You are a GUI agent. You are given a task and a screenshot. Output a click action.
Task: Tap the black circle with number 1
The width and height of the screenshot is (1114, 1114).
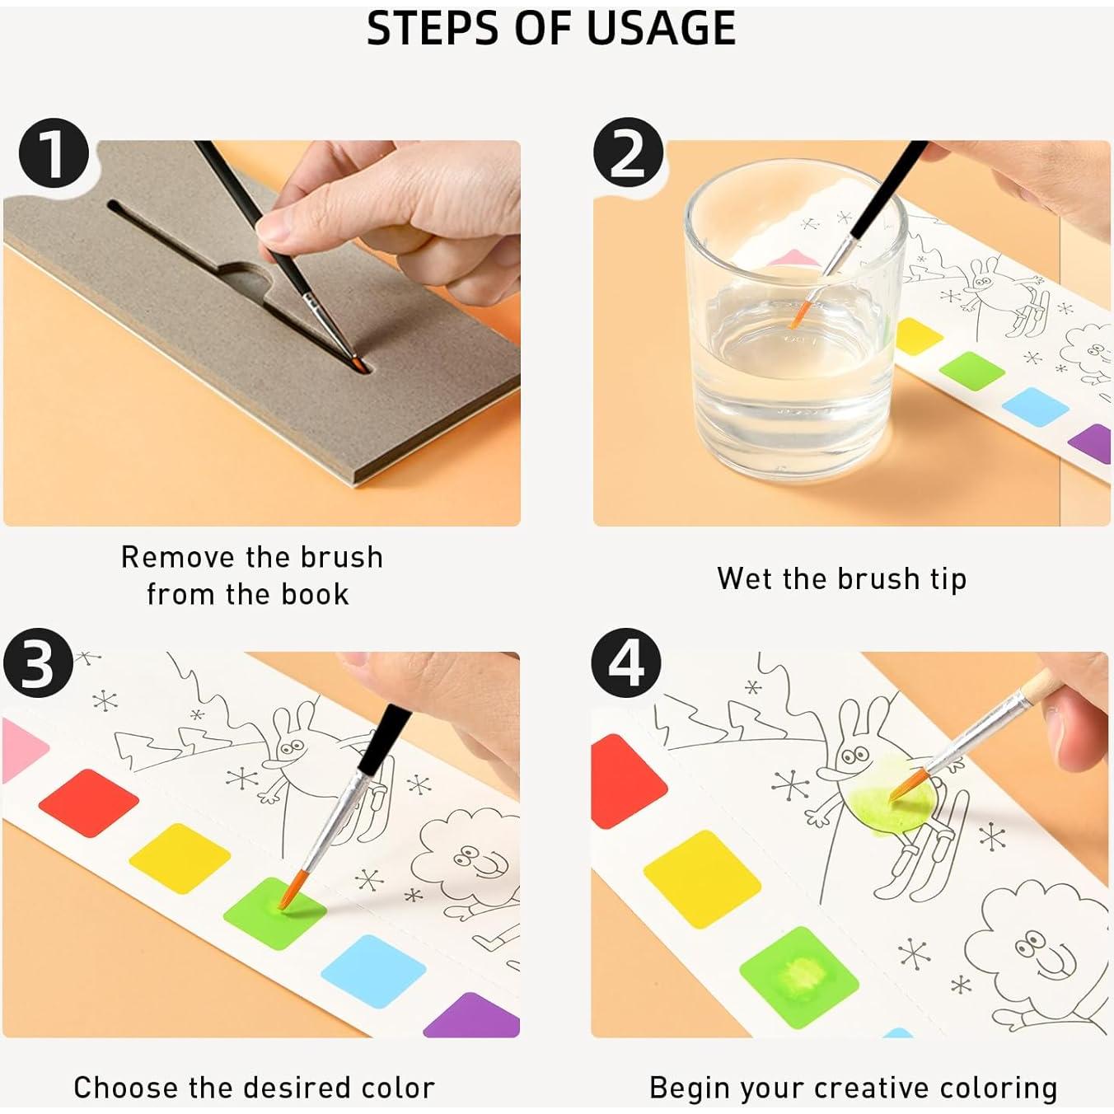[x=54, y=153]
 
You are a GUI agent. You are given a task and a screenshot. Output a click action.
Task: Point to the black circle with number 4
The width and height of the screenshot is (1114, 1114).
[x=626, y=663]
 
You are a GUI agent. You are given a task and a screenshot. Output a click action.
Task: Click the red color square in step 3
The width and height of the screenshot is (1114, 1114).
[x=88, y=803]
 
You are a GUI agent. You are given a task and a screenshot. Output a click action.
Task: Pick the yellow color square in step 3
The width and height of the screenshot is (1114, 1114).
[x=179, y=859]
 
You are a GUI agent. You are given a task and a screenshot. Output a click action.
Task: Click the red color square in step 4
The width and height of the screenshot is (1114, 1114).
[x=628, y=782]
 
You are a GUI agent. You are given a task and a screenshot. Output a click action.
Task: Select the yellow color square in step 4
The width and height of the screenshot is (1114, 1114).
[x=702, y=879]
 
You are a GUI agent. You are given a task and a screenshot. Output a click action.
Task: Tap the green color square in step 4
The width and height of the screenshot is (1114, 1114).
[x=799, y=985]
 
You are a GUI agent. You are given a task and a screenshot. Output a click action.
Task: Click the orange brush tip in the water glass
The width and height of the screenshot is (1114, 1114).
[x=800, y=314]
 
